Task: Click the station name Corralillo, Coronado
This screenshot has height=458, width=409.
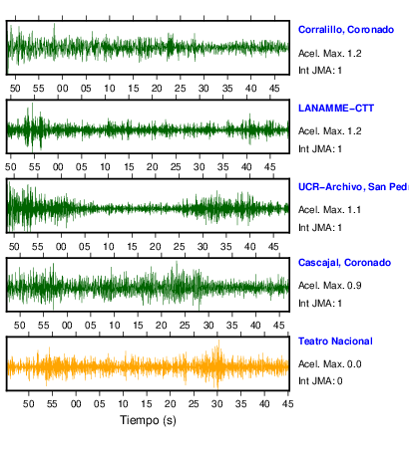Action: click(x=346, y=30)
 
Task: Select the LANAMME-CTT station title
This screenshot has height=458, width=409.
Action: click(x=336, y=109)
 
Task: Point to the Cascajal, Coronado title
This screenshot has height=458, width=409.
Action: click(x=344, y=263)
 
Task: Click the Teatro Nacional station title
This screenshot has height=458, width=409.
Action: click(x=335, y=342)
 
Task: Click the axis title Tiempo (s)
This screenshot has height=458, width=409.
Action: click(x=148, y=420)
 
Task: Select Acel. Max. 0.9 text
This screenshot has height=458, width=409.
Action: click(x=329, y=286)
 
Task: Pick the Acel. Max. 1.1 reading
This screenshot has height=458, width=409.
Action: click(x=329, y=210)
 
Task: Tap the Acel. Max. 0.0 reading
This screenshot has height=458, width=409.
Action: click(x=329, y=364)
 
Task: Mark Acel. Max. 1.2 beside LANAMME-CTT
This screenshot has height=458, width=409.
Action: click(x=329, y=131)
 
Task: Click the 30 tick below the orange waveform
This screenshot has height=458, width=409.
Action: click(x=217, y=404)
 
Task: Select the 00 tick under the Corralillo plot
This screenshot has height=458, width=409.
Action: click(x=62, y=89)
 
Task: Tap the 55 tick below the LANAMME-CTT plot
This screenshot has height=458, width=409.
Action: click(x=34, y=167)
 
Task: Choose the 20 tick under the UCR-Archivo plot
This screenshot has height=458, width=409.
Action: click(x=156, y=247)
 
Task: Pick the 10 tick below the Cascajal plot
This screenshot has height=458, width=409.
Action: click(x=115, y=326)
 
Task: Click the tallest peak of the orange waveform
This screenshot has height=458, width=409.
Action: click(x=218, y=341)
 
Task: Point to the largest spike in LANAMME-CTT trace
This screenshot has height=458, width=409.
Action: click(x=32, y=104)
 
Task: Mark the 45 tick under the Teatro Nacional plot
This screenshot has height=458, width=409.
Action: click(x=287, y=404)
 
